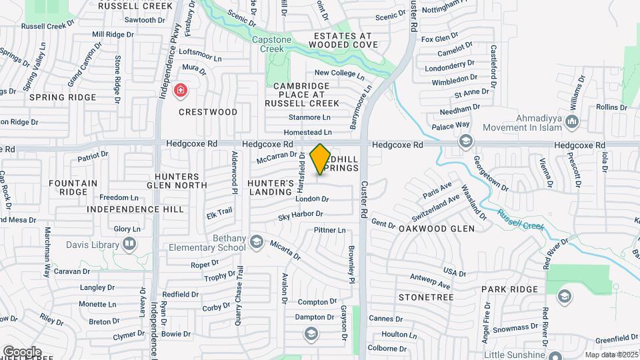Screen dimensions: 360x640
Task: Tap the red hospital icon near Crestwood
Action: coord(180,90)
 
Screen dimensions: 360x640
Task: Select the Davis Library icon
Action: coord(129,244)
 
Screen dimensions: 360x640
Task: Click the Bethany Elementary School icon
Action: coord(257,243)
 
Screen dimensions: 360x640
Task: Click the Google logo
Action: coord(22,352)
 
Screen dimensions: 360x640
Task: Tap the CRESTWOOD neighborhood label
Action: coord(208,112)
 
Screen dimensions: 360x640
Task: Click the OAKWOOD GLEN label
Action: coord(437,229)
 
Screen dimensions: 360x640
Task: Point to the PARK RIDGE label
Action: coord(509,289)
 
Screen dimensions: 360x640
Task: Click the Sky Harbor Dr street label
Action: coord(301,215)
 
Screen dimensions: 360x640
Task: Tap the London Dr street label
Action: coord(313,199)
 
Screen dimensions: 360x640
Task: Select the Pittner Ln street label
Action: coord(330,230)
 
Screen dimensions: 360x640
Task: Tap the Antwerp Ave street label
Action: coord(427,278)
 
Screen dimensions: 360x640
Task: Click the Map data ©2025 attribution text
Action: coord(611,355)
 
